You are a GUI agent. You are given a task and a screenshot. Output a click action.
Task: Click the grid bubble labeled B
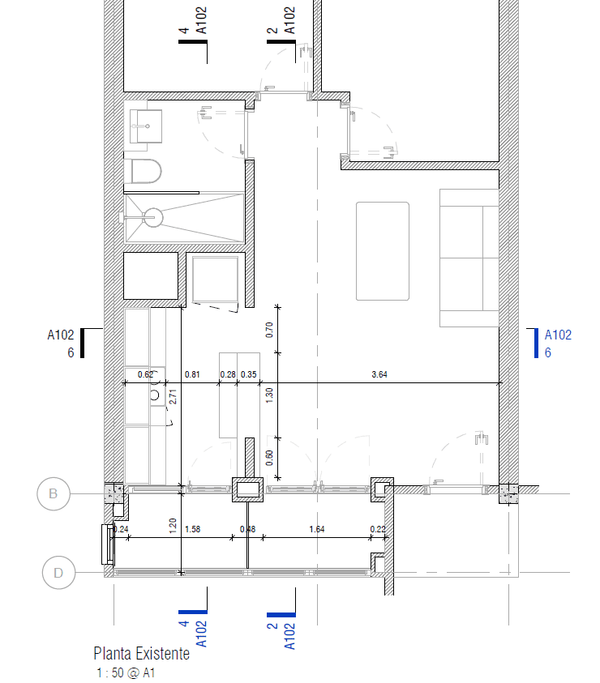pos(54,493)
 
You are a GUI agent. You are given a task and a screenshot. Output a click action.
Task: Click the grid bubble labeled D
pos(58,572)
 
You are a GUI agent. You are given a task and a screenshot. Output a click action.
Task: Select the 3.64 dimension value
pos(379,374)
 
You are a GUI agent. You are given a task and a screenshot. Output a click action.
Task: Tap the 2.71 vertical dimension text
pos(173,396)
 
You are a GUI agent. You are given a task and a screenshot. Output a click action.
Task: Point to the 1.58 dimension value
pos(193,529)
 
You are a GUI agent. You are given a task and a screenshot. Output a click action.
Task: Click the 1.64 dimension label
pos(317,529)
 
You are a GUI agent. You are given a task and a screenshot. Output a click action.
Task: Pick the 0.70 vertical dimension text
pos(269,330)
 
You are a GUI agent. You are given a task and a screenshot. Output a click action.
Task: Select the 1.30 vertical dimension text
pos(269,395)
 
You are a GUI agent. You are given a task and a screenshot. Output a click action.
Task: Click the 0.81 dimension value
pos(192,374)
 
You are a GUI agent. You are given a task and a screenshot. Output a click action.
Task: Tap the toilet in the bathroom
pos(147,171)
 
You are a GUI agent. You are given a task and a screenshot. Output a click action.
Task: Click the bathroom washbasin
pos(146,126)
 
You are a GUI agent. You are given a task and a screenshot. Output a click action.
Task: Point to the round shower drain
pos(153,217)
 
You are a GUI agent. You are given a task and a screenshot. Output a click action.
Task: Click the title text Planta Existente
pos(142,653)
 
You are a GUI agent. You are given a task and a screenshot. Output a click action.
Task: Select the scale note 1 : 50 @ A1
pos(126,673)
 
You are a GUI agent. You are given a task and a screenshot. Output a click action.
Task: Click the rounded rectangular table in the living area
pos(383,251)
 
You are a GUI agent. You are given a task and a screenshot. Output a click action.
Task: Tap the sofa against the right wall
pos(469,258)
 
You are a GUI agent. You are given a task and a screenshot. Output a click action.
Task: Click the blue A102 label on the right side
pos(558,335)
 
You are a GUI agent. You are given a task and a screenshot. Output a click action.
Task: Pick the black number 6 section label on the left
pos(71,352)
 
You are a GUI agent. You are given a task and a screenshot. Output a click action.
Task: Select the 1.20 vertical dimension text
pos(173,526)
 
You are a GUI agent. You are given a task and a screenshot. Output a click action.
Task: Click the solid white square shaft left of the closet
pos(151,275)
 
